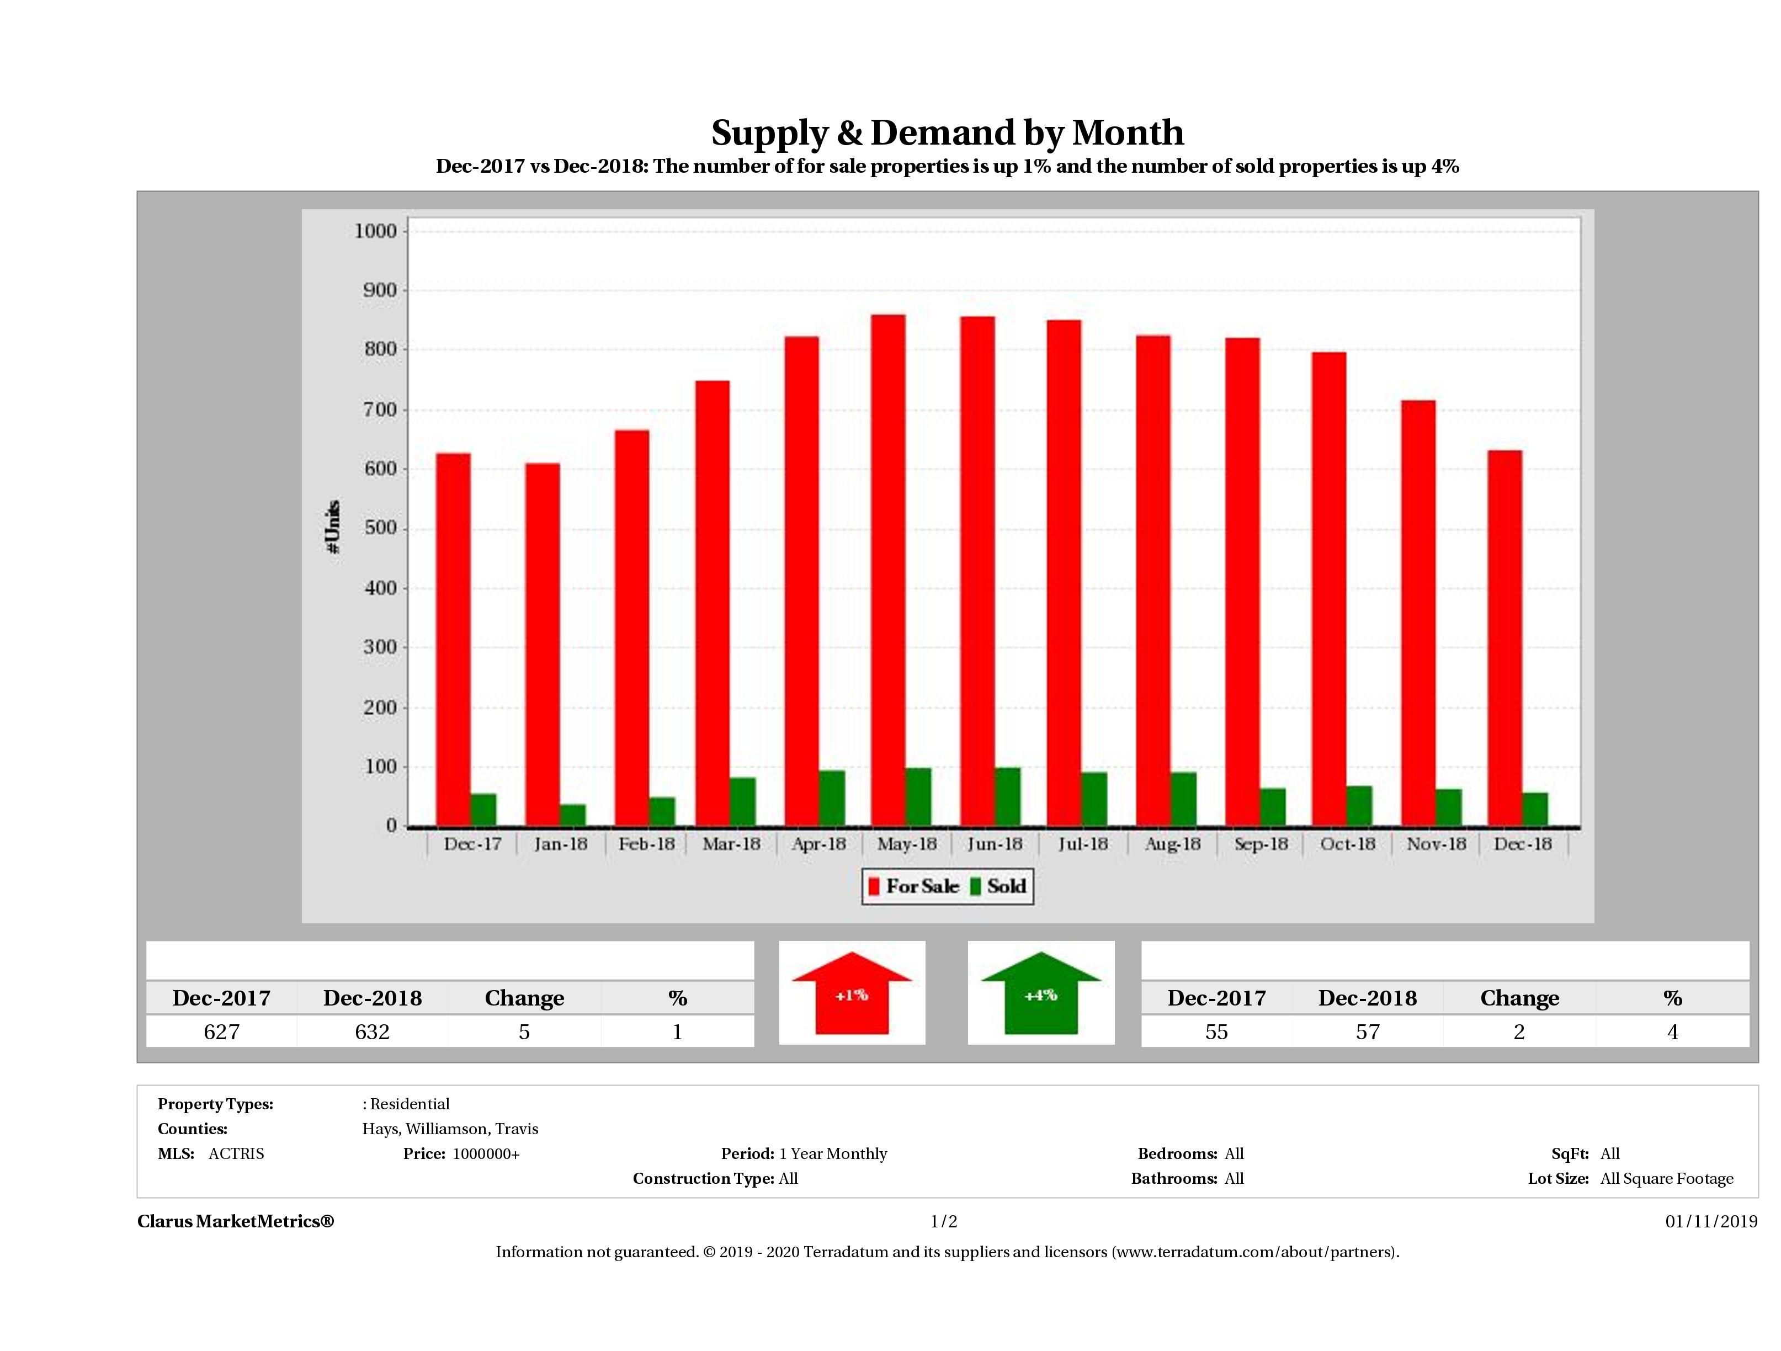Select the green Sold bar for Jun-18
click(1007, 797)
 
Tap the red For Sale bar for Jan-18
click(542, 644)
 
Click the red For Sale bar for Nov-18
click(1418, 613)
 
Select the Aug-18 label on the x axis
click(1172, 844)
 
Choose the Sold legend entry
click(998, 886)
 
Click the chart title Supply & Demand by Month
click(947, 133)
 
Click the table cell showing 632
click(372, 1031)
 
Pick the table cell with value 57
click(1367, 1031)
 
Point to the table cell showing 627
click(221, 1031)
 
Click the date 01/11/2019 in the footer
click(1711, 1221)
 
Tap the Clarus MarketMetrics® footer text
click(235, 1221)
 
